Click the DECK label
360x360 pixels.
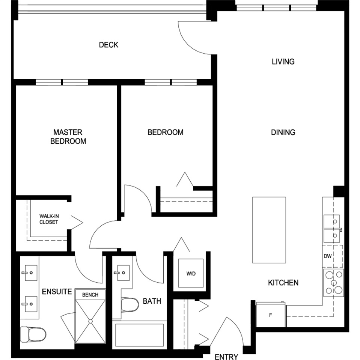point(108,45)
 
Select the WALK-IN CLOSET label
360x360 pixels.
point(49,219)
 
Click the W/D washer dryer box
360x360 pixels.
point(191,273)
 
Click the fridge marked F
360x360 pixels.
point(271,315)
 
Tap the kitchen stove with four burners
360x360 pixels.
point(333,282)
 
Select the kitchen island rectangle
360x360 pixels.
point(269,230)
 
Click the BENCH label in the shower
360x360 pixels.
point(90,295)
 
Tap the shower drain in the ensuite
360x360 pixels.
point(90,321)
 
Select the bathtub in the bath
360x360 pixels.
point(139,335)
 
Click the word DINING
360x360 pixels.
point(283,132)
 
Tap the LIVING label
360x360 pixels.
point(283,62)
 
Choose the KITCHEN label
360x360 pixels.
point(283,283)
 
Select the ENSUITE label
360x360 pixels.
point(57,292)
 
